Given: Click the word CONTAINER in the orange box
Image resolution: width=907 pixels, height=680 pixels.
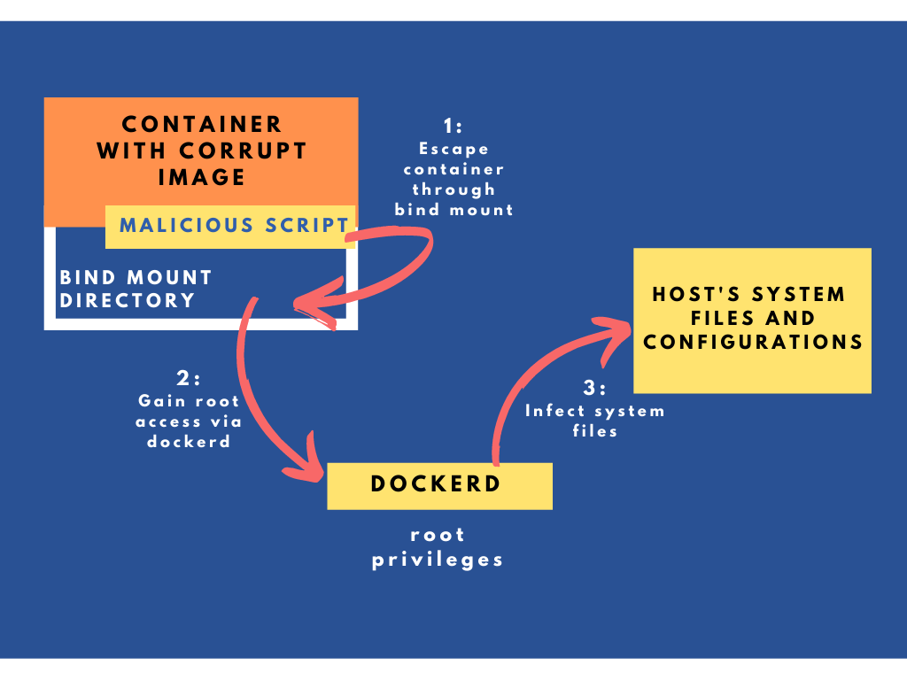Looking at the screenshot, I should [202, 124].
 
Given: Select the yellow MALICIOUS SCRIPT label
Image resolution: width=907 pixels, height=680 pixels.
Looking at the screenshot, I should [231, 225].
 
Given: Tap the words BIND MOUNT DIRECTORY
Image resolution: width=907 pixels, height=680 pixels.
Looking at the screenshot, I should [136, 290].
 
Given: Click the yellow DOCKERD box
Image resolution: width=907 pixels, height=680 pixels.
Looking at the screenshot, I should [439, 485].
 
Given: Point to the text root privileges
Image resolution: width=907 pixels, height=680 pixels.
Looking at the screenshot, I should [438, 547].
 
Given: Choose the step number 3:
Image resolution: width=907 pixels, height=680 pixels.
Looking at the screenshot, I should [594, 389].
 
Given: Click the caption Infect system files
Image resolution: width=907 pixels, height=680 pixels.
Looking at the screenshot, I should [594, 421].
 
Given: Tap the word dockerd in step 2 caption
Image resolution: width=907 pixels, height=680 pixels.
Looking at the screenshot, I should [188, 441].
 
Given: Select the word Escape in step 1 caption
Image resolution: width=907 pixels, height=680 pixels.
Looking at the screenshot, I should [453, 149].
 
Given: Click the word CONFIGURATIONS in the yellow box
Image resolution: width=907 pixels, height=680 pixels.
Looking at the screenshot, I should [753, 342].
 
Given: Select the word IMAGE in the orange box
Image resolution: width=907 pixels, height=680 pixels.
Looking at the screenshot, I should [202, 176].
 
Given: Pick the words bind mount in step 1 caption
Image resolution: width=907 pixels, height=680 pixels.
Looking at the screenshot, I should [453, 210].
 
